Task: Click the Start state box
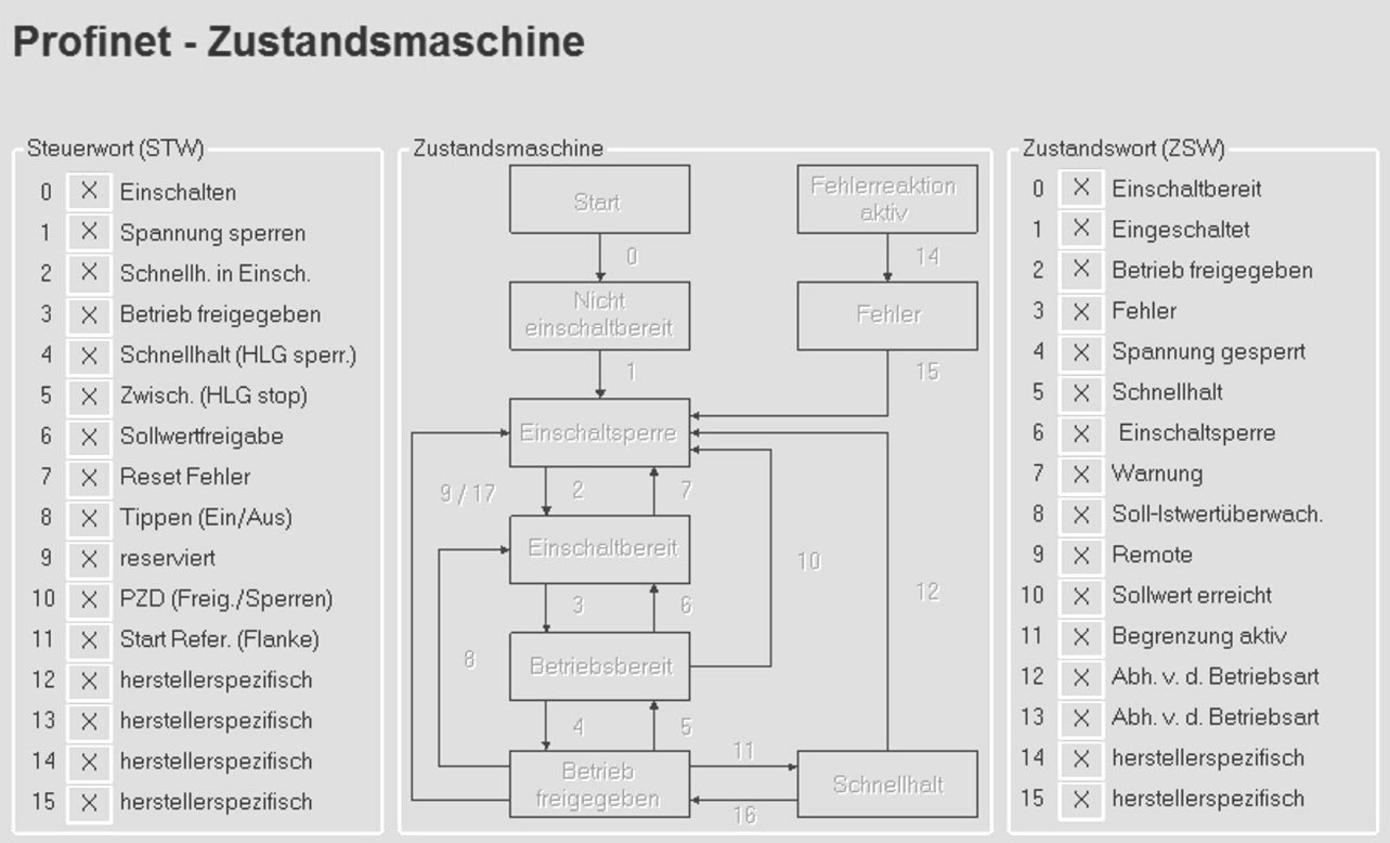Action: click(599, 199)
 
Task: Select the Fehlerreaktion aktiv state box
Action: click(887, 199)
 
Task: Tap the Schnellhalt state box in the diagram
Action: click(887, 784)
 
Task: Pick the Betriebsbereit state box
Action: click(599, 666)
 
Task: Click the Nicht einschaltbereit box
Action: click(599, 316)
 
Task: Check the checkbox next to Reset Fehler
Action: click(89, 477)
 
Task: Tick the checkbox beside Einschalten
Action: click(89, 192)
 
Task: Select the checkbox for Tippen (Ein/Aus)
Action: click(89, 518)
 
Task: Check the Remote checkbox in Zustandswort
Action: click(1081, 555)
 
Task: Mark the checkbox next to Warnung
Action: click(1081, 474)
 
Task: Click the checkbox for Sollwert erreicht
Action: click(1081, 596)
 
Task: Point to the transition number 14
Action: click(927, 257)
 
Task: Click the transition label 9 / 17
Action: click(468, 494)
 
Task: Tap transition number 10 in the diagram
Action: click(808, 560)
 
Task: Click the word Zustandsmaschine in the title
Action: click(396, 42)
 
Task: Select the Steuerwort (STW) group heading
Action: click(115, 148)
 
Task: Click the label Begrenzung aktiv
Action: click(1198, 636)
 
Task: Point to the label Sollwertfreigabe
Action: click(202, 436)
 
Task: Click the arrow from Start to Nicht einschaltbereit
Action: click(600, 257)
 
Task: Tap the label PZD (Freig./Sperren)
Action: click(226, 599)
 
